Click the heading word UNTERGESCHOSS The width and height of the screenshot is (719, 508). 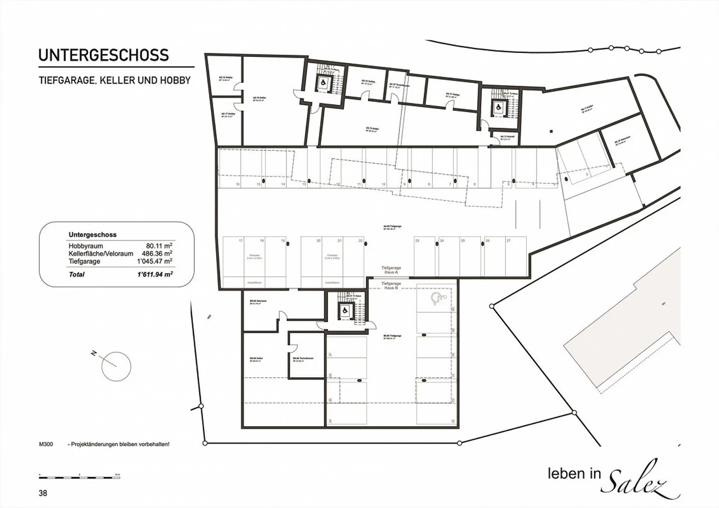pyautogui.click(x=103, y=55)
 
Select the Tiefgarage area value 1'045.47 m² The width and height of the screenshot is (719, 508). pyautogui.click(x=155, y=261)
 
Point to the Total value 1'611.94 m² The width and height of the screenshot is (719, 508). pyautogui.click(x=155, y=274)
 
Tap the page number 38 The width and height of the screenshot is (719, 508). pyautogui.click(x=43, y=493)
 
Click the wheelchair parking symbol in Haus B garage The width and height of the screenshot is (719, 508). pyautogui.click(x=437, y=298)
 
